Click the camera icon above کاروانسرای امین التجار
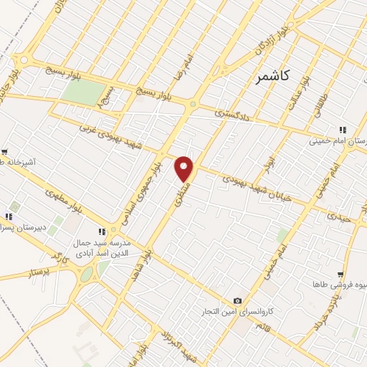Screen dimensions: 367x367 click(237, 301)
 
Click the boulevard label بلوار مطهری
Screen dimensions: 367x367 click(87, 199)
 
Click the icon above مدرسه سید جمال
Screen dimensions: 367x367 click(102, 232)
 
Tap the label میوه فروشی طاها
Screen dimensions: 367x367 click(333, 285)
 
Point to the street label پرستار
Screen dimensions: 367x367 click(41, 273)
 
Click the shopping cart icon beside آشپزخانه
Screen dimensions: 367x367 click(4, 152)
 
